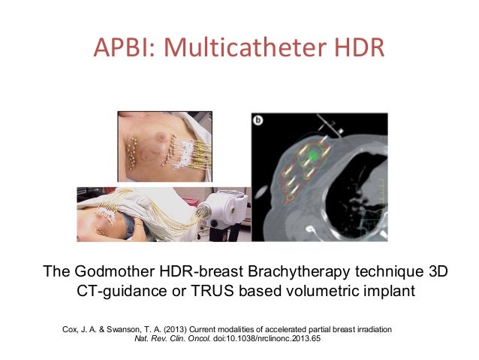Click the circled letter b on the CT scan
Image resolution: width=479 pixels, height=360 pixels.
260,121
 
